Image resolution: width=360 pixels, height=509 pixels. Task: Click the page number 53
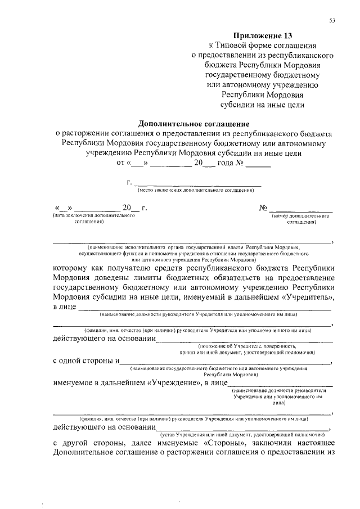click(332, 21)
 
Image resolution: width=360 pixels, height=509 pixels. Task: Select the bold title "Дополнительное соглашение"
click(193, 123)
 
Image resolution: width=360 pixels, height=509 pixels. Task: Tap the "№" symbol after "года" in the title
click(238, 164)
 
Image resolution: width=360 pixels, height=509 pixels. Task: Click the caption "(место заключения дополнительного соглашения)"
click(193, 191)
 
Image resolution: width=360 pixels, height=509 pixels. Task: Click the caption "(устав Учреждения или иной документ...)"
click(242, 435)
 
